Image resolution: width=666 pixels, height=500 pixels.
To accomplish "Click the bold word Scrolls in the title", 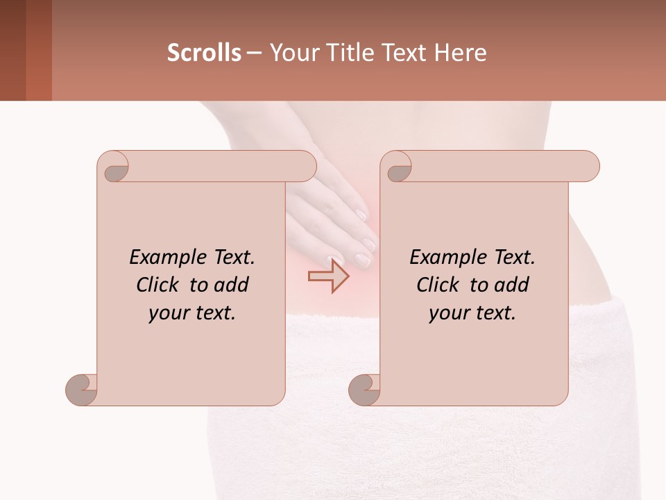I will click(205, 52).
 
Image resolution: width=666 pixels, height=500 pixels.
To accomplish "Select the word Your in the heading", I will click(294, 52).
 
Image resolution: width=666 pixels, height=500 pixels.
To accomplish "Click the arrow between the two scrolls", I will click(329, 276).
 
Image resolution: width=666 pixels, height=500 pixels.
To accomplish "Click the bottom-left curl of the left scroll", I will click(81, 389).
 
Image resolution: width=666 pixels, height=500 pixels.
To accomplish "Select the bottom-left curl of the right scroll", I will click(364, 389).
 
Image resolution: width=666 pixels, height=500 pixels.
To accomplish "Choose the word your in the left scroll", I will click(168, 313).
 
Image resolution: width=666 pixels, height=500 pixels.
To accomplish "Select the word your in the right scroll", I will click(448, 313).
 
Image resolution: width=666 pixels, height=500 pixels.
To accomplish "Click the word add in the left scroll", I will click(232, 285).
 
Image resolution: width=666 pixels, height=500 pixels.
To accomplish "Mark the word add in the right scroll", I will click(512, 285).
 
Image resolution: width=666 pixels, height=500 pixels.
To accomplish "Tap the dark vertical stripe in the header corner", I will click(13, 50).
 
